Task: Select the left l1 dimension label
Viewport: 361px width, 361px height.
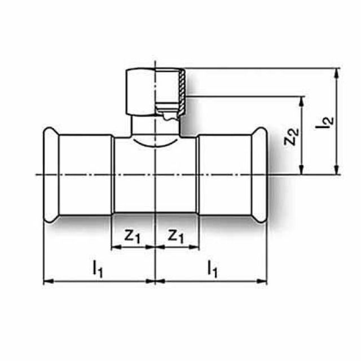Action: coord(98,270)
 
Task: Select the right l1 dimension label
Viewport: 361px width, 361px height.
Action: coord(212,270)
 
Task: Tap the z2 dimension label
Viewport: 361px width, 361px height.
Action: coord(290,137)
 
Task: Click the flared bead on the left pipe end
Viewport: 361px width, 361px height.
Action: coord(49,175)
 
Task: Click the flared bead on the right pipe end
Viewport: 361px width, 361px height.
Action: coord(261,175)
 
